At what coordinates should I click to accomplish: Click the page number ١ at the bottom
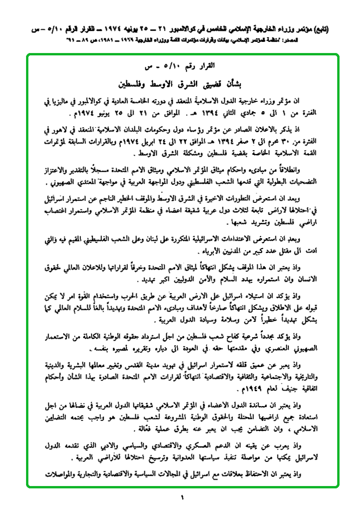click(x=183, y=497)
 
